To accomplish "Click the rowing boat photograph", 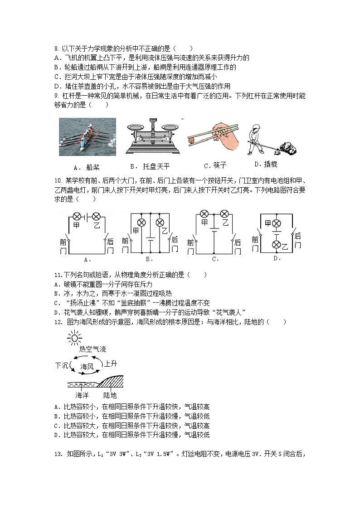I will pos(87,137).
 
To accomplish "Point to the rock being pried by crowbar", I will pos(287,146).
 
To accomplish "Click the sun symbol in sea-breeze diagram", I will pos(74,338).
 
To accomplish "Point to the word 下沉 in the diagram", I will pos(62,365).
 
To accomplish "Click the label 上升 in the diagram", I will pos(111,364).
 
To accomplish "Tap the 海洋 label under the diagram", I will pos(82,395).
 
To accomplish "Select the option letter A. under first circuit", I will pos(88,260).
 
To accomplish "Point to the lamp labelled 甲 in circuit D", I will pos(276,223).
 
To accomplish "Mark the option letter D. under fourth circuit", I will pos(277,258).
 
